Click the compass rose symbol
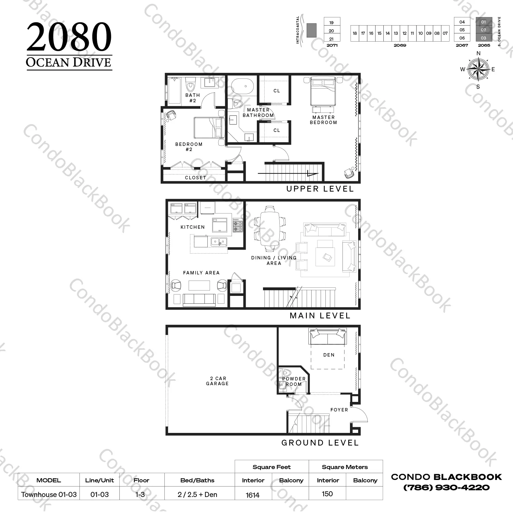click(x=478, y=69)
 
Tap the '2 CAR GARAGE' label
click(x=217, y=381)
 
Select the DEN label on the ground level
click(x=329, y=355)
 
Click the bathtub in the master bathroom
click(x=243, y=87)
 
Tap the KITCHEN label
click(x=193, y=227)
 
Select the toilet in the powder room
click(x=285, y=373)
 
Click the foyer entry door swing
click(x=360, y=414)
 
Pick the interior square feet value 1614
click(x=252, y=495)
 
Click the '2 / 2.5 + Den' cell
click(x=197, y=495)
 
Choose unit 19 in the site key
click(x=332, y=22)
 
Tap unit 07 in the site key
click(x=445, y=33)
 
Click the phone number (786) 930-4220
click(x=446, y=487)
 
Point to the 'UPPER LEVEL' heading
click(x=320, y=189)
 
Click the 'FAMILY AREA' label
click(x=201, y=273)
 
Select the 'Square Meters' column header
click(x=345, y=467)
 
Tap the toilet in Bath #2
click(x=190, y=82)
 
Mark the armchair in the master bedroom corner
click(x=349, y=173)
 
